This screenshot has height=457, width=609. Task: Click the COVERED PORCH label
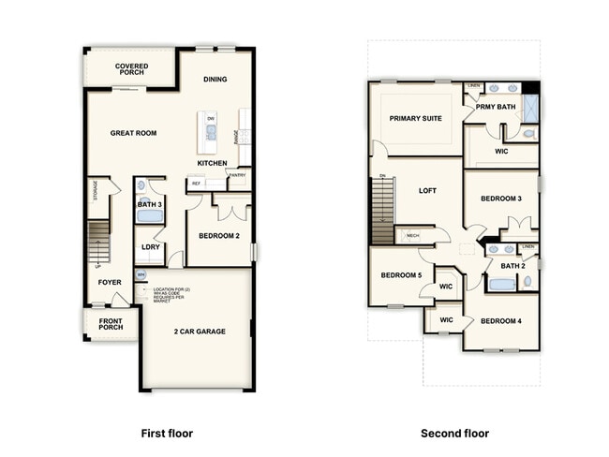click(131, 71)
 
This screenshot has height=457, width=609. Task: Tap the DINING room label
click(215, 79)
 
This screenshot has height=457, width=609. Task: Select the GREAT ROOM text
click(133, 133)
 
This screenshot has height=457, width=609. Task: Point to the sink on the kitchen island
click(211, 133)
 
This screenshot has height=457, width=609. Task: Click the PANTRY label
click(237, 175)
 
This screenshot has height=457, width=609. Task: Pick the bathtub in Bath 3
click(150, 215)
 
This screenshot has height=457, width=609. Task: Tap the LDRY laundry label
click(150, 247)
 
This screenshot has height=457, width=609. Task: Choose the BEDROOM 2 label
click(218, 236)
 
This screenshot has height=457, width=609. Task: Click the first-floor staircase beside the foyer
click(99, 242)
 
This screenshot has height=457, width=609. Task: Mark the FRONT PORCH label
click(111, 323)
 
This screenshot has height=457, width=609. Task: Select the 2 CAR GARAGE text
click(199, 332)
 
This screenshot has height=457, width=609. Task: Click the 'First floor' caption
click(167, 434)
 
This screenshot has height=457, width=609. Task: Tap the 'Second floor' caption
click(454, 434)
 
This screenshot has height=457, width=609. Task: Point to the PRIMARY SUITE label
click(416, 118)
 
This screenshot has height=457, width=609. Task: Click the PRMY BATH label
click(496, 107)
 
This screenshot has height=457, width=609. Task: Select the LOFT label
click(427, 190)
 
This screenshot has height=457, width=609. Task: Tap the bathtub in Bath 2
click(502, 284)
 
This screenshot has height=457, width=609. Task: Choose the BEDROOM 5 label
click(400, 275)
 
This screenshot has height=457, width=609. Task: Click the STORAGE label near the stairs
click(95, 191)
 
